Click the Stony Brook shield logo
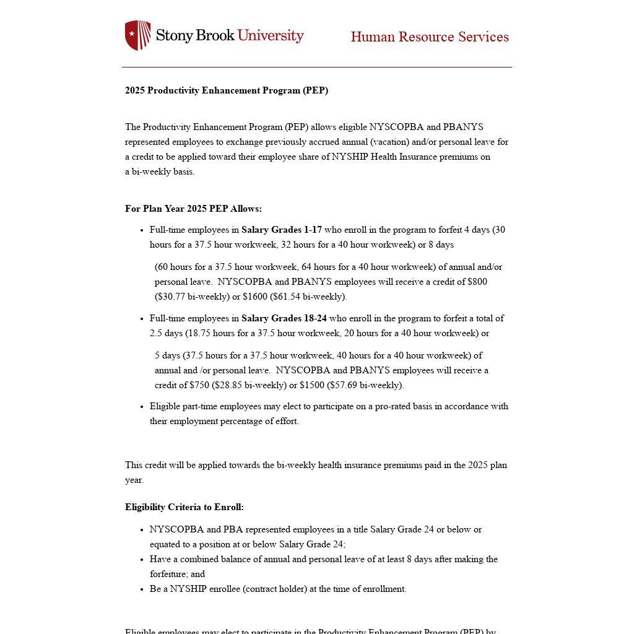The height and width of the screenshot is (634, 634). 137,35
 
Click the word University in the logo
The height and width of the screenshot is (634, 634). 271,35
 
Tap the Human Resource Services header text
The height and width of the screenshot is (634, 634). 430,37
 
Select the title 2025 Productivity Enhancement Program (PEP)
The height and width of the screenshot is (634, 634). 227,90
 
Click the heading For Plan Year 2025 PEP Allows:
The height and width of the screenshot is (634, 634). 193,209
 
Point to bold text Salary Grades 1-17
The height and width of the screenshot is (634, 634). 282,230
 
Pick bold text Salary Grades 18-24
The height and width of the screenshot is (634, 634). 284,318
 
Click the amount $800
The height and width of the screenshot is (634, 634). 477,282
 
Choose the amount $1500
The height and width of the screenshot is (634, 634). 311,385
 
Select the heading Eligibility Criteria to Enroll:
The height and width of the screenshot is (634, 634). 185,507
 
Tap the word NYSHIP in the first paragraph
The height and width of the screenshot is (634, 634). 350,157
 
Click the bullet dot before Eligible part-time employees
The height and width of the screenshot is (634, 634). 142,407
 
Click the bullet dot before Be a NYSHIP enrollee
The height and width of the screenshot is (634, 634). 142,589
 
